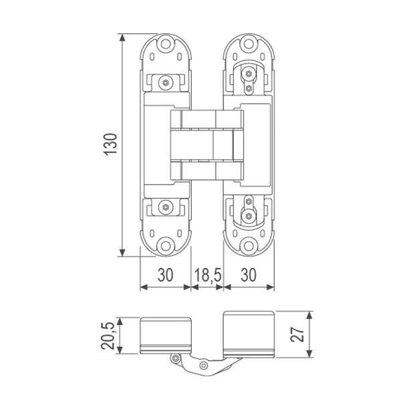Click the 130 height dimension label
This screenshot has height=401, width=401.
tap(112, 144)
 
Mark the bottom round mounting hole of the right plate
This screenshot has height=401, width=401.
tap(250, 245)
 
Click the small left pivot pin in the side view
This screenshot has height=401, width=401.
tap(176, 359)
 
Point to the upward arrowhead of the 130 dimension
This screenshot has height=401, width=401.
tap(123, 37)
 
